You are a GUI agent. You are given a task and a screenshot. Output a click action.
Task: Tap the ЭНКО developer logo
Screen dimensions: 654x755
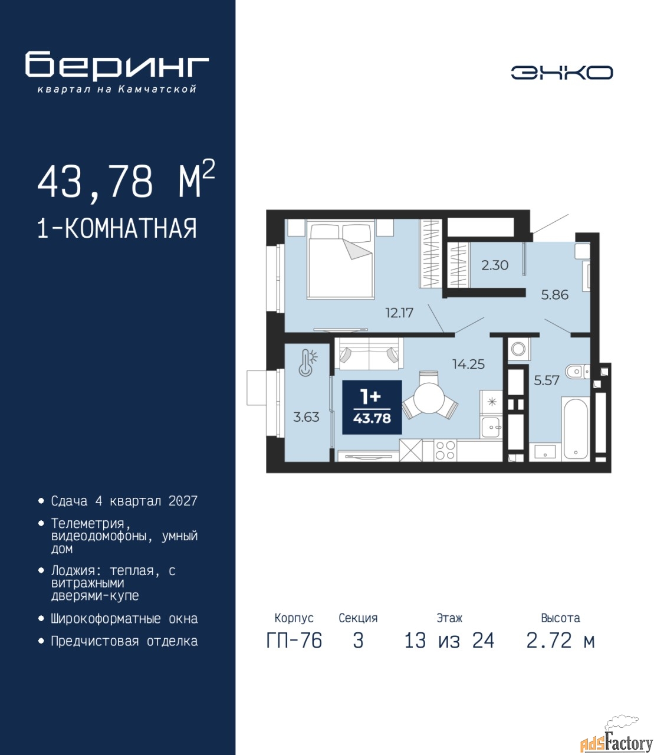pyautogui.click(x=561, y=73)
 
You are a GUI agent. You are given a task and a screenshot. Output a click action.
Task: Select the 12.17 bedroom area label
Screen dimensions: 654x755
pyautogui.click(x=399, y=313)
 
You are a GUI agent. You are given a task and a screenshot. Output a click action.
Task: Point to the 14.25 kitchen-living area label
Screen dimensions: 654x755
pyautogui.click(x=468, y=364)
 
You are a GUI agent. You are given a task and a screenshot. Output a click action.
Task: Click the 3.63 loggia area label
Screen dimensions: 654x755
pyautogui.click(x=306, y=417)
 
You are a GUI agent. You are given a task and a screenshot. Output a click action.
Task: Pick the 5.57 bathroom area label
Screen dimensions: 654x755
pyautogui.click(x=547, y=380)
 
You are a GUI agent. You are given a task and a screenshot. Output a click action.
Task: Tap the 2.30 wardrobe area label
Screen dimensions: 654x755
pyautogui.click(x=495, y=265)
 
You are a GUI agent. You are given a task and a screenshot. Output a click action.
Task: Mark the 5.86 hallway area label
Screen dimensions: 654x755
pyautogui.click(x=555, y=295)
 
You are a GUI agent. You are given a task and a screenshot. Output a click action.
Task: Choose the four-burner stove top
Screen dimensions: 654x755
pyautogui.click(x=445, y=451)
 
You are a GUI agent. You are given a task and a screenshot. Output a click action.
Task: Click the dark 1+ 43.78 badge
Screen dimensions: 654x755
pyautogui.click(x=372, y=407)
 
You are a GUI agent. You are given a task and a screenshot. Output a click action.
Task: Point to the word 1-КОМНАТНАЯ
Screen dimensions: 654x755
pyautogui.click(x=117, y=228)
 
